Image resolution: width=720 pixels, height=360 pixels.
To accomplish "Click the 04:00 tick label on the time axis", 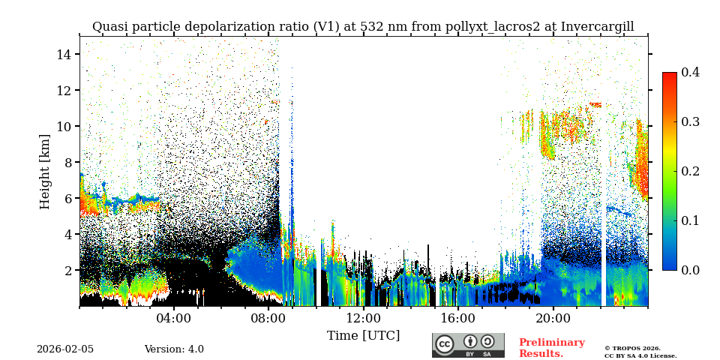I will pos(173,318).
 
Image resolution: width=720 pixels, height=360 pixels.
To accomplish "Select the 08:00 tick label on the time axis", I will pos(268,318).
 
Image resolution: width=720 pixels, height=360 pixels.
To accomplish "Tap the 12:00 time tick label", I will pos(363,318).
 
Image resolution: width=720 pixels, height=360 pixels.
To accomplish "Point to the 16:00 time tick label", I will pos(458,318).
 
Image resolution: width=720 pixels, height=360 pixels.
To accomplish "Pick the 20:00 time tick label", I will pos(553,318).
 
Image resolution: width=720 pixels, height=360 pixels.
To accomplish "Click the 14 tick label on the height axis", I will pos(63,54).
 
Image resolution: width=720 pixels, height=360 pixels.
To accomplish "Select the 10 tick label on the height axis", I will pos(63,126).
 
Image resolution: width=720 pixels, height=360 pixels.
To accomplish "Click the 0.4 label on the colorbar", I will pos(690,72).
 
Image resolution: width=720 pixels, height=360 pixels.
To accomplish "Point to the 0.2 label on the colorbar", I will pos(690,171).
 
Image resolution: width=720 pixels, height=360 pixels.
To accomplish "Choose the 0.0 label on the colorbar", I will pos(690,270).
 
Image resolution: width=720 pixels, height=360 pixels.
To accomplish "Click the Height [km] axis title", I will pos(45,171).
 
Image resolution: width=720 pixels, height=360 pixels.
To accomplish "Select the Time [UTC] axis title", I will pos(363,335).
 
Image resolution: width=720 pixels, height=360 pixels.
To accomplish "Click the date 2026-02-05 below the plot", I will pos(65,349).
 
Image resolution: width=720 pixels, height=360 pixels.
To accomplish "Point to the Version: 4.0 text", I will pos(174,349).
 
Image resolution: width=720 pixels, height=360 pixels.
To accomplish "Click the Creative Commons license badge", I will pos(468,345).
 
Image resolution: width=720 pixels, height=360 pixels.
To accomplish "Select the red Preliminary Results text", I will pos(551,348).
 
